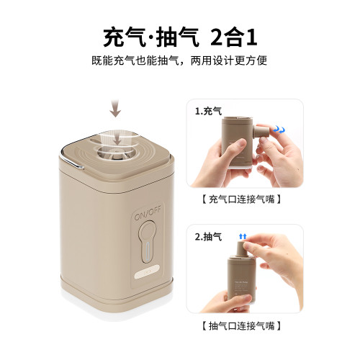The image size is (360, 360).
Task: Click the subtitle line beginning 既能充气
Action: (180, 60)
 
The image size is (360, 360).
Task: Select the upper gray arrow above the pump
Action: (115, 109)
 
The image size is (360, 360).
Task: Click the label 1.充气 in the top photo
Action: (209, 112)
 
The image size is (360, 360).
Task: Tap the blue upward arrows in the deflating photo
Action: (243, 235)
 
